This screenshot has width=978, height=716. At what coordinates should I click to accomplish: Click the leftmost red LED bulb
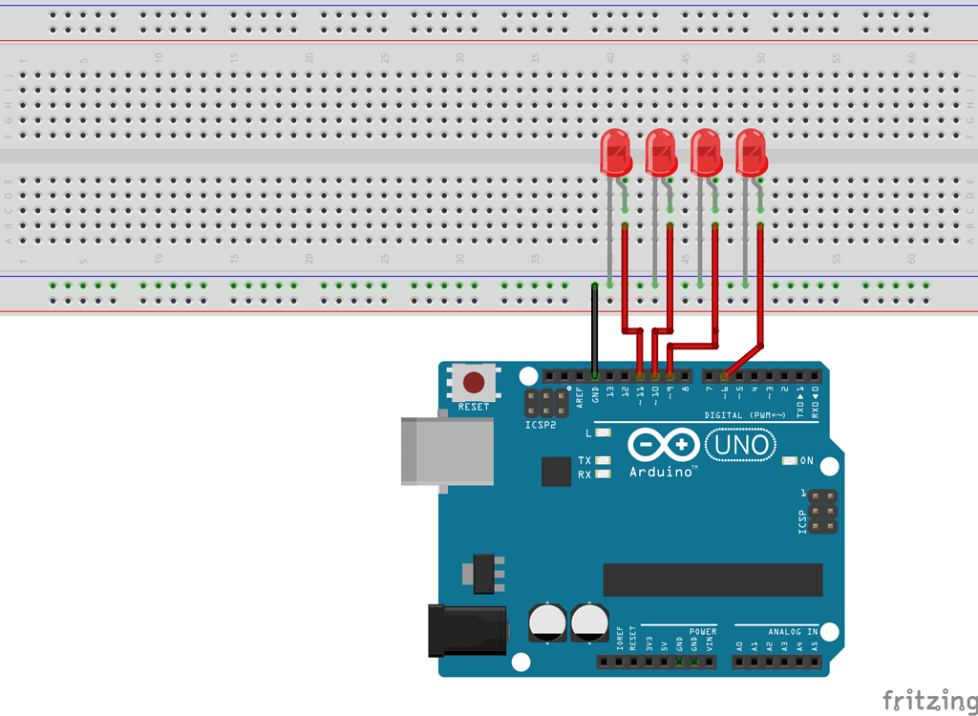614,152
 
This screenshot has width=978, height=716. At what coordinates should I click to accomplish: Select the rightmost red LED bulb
751,152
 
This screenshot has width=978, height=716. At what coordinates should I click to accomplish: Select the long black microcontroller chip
712,579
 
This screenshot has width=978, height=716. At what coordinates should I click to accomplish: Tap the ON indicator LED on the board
789,461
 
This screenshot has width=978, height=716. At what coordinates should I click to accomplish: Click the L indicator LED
603,433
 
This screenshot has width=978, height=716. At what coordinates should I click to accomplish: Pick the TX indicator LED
603,461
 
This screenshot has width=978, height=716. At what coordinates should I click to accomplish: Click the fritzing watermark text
923,701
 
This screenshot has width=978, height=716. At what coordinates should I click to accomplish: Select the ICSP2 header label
541,424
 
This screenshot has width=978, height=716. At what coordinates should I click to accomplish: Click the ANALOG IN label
793,632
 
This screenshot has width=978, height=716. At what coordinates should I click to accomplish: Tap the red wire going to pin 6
760,286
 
